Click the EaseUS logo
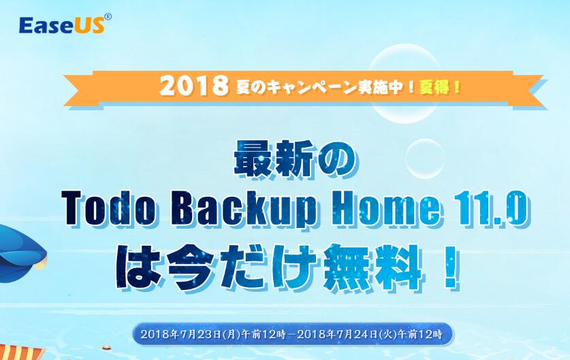65,24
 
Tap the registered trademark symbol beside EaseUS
108,17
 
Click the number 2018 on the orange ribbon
194,86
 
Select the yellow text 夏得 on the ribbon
434,87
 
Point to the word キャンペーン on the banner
308,88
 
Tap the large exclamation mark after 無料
450,267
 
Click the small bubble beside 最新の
424,158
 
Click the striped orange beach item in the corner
22,353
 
